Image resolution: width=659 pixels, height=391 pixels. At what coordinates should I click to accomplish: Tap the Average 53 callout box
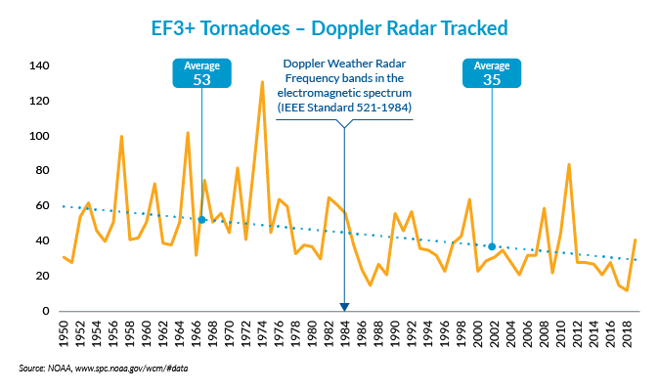(x=202, y=73)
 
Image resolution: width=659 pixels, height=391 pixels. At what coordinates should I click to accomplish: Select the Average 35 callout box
(x=492, y=73)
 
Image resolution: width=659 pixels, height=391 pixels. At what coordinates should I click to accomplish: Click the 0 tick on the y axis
(x=45, y=311)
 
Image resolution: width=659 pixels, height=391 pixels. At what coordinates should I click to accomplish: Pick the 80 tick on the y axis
(x=40, y=171)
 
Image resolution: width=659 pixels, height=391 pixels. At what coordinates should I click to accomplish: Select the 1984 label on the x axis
(x=345, y=332)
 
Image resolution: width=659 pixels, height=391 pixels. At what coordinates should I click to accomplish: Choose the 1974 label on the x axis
(x=263, y=332)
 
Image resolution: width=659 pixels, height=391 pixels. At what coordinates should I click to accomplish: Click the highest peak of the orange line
(x=262, y=82)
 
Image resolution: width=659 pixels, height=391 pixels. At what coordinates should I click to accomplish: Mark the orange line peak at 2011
(x=569, y=164)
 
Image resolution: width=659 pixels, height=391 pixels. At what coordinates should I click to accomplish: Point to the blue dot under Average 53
(x=201, y=219)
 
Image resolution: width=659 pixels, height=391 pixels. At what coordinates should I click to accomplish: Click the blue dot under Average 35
(x=492, y=246)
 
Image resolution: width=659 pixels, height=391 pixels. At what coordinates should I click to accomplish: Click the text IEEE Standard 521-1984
(x=344, y=106)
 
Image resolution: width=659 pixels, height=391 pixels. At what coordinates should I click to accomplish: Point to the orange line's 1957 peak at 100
(x=121, y=137)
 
